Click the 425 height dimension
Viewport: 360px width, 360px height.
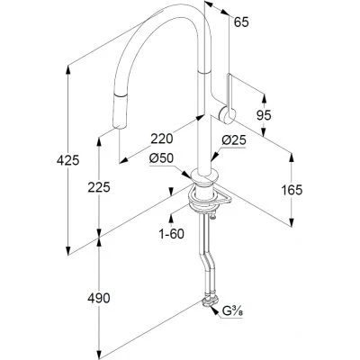(67, 161)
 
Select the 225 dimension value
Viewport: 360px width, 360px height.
(99, 187)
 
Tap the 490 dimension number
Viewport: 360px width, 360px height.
(99, 298)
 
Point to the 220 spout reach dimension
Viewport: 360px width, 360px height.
(162, 139)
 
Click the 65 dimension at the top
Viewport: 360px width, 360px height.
(241, 22)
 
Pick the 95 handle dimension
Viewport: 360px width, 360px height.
(264, 115)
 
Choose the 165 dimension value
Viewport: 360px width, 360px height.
(292, 190)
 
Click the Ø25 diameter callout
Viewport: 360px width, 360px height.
(234, 140)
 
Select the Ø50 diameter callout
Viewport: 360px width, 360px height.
(161, 158)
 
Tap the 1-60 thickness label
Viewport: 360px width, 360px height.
(171, 234)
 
